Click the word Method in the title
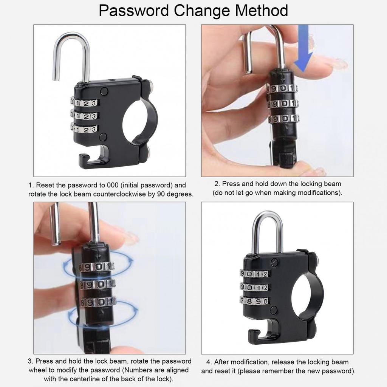coord(261,11)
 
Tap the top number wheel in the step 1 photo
coord(84,103)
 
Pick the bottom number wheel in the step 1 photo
coord(84,128)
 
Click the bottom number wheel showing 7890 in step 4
coord(255,301)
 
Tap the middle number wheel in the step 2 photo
coord(283,104)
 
